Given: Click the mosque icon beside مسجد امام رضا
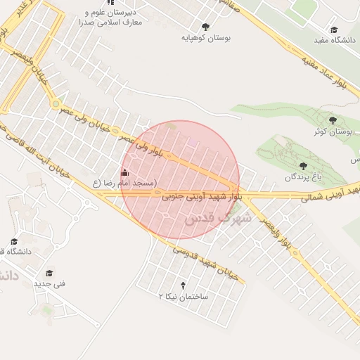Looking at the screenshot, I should click(125, 172).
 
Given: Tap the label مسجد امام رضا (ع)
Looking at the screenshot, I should click(124, 183).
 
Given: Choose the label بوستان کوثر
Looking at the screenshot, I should click(333, 131).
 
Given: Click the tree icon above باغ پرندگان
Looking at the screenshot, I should click(303, 167).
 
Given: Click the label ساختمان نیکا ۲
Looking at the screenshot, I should click(184, 297).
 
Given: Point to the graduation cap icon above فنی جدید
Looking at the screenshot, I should click(49, 273).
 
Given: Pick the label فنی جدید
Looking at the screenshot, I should click(49, 284).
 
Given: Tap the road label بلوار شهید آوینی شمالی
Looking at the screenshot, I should click(331, 195).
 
